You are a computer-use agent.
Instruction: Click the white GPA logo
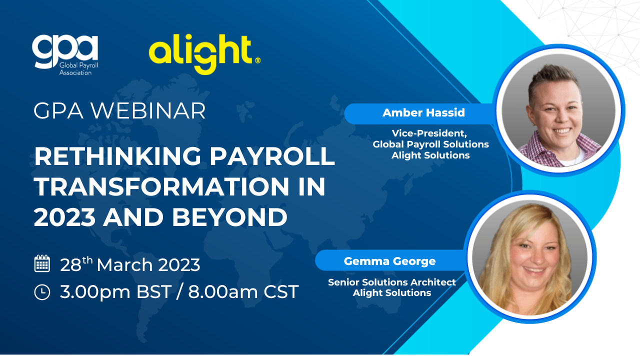tap(65, 55)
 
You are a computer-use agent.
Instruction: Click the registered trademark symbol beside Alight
tap(257, 60)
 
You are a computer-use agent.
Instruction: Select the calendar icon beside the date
tap(42, 263)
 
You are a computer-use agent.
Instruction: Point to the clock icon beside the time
tap(42, 292)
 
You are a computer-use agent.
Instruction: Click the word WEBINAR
tap(148, 111)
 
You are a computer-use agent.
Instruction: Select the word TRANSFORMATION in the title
tap(161, 186)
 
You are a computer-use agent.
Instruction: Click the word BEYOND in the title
tap(229, 217)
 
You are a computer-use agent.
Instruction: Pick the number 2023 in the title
tap(64, 217)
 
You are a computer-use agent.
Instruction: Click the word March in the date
tap(124, 265)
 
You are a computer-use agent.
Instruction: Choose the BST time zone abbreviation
tap(153, 292)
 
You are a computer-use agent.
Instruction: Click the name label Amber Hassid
tap(423, 113)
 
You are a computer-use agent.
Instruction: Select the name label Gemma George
tap(389, 261)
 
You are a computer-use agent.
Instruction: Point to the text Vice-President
tap(429, 133)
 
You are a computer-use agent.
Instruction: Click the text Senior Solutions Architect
tap(391, 282)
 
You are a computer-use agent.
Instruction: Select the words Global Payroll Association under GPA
tap(78, 69)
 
